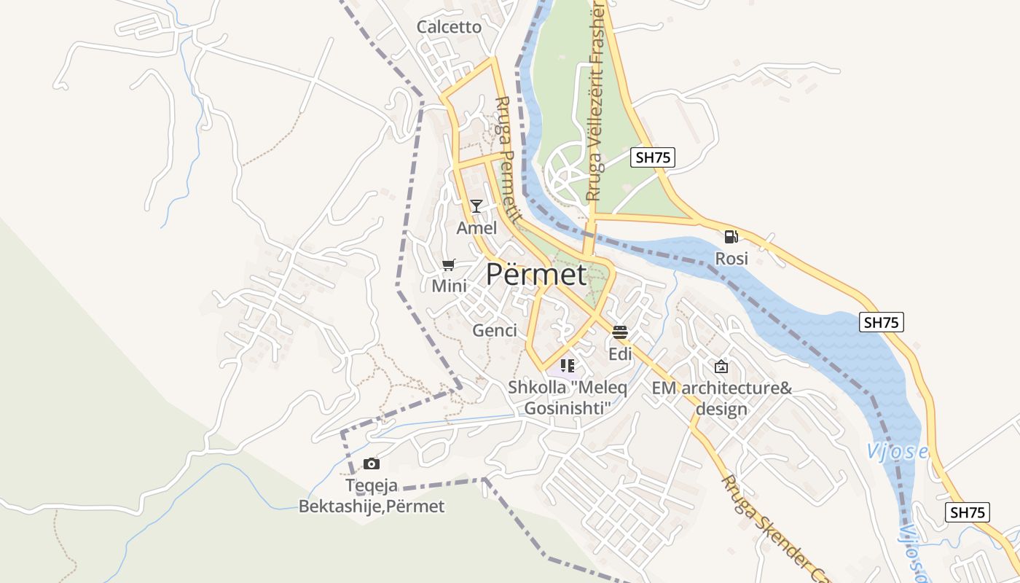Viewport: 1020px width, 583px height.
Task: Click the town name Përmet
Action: click(x=536, y=275)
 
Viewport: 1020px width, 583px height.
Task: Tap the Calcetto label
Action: click(x=449, y=27)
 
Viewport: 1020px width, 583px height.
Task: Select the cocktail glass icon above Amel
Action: click(x=476, y=206)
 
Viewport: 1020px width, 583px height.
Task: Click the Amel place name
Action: click(x=476, y=228)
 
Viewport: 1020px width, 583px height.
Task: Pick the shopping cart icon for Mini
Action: click(x=449, y=265)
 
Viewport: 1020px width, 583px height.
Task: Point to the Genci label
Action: click(x=495, y=330)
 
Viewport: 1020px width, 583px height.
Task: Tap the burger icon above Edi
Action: click(x=620, y=332)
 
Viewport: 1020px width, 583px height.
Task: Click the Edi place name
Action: click(x=620, y=353)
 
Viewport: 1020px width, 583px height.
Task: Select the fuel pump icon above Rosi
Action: click(x=731, y=237)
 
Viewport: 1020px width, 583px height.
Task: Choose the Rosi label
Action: click(x=731, y=259)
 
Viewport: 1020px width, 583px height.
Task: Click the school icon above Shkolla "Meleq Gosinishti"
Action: click(x=568, y=366)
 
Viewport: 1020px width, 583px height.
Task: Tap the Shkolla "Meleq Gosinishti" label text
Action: click(x=568, y=398)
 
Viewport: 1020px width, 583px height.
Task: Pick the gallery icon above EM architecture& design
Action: click(x=721, y=367)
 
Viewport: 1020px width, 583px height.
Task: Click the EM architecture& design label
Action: click(x=721, y=398)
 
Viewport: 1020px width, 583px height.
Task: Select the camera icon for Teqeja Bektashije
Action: click(x=372, y=464)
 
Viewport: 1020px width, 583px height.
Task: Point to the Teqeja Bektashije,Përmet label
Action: click(x=372, y=496)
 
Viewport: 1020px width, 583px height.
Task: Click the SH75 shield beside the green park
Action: click(x=653, y=157)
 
